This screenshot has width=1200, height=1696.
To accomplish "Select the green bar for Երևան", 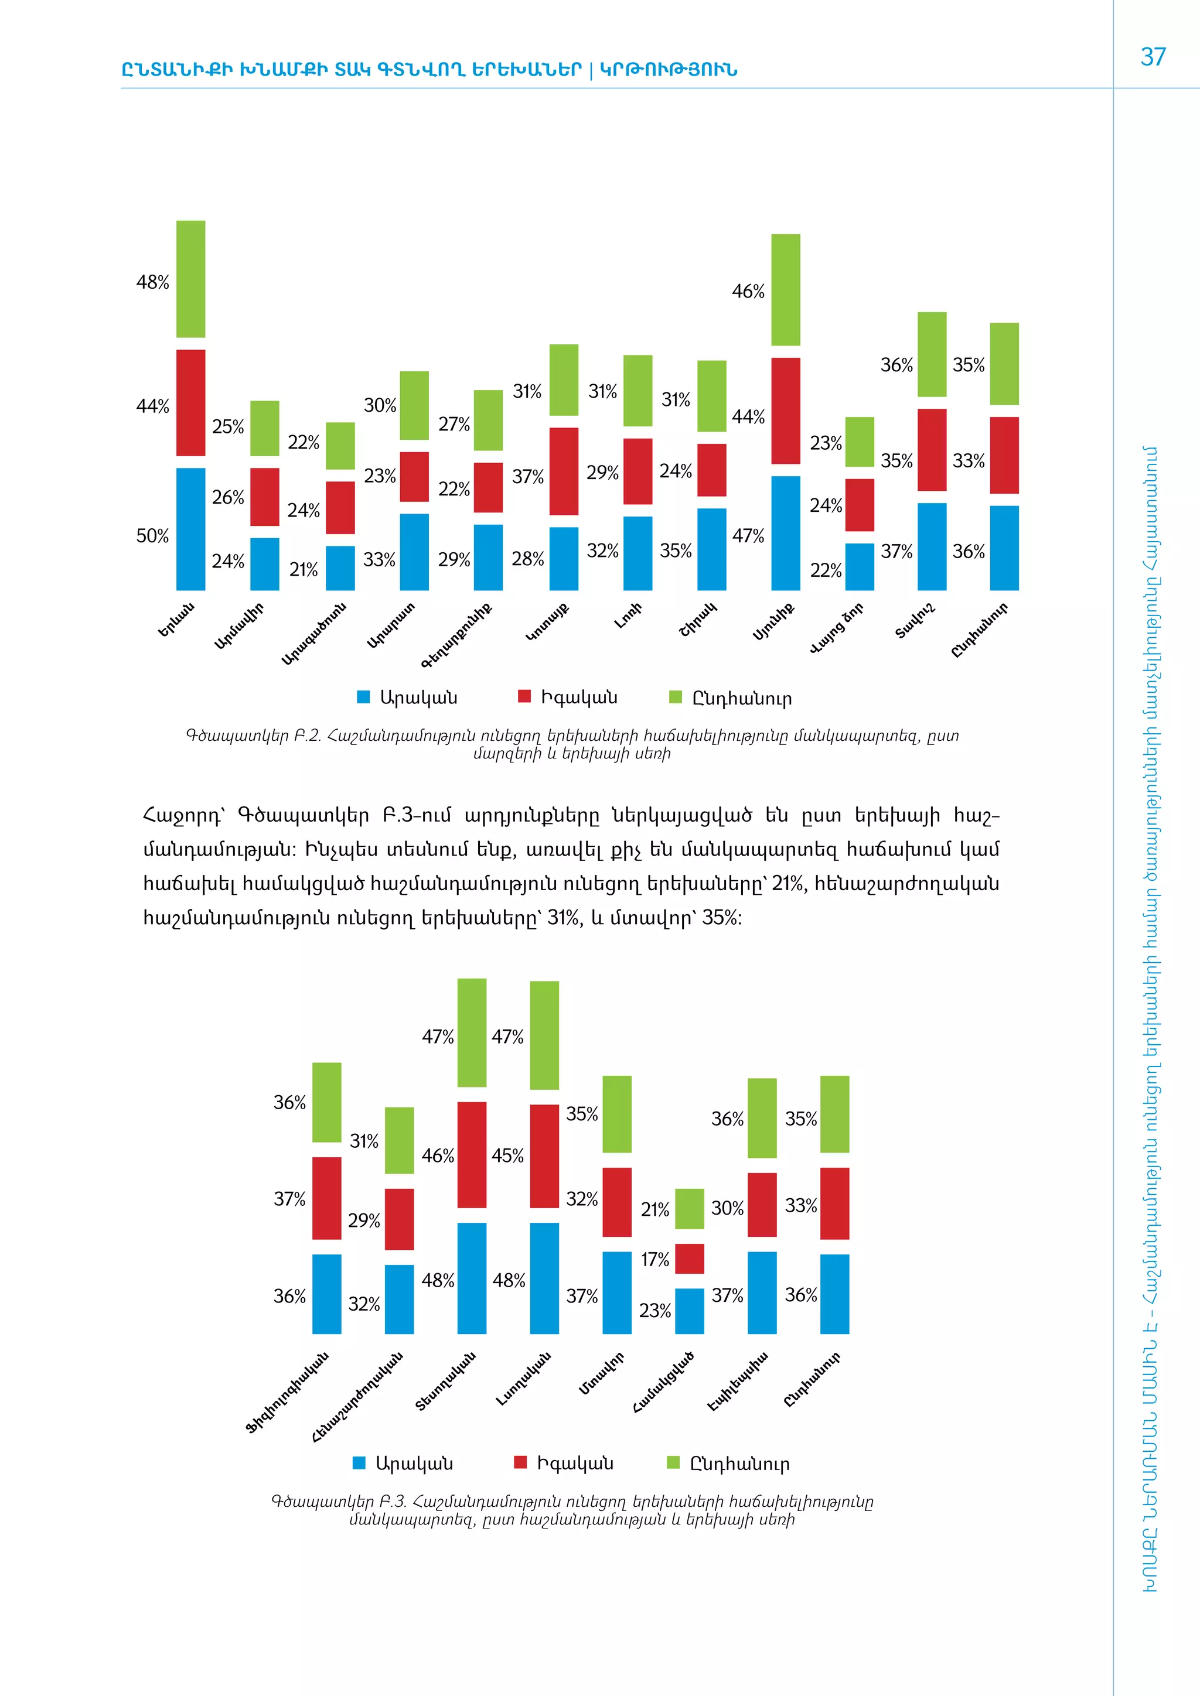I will point(190,279).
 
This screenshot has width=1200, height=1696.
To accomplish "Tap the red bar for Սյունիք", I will point(786,411).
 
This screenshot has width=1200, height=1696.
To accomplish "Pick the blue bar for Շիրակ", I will point(711,549).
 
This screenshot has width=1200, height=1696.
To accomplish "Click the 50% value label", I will point(152,536).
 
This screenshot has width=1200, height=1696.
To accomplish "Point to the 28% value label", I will point(527,559).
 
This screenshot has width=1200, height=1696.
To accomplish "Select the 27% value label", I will point(454,425).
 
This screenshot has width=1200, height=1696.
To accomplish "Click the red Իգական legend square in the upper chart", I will point(524,696).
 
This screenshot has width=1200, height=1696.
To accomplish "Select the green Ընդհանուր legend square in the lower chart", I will point(673,1462).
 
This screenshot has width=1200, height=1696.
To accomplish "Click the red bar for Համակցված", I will point(690,1259).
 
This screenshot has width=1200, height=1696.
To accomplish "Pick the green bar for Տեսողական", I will point(472,1032).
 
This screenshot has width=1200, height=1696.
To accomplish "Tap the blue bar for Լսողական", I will point(544,1278).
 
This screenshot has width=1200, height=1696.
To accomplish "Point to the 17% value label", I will point(654,1260).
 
